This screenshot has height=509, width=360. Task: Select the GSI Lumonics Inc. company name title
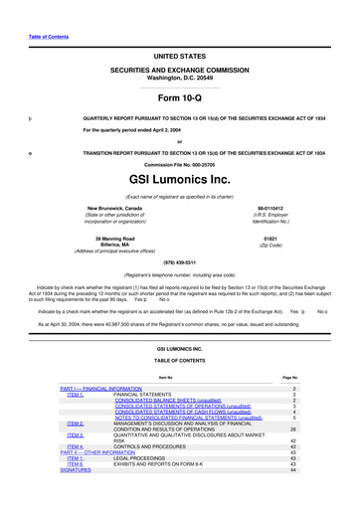pyautogui.click(x=179, y=184)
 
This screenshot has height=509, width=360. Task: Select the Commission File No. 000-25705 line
pyautogui.click(x=179, y=163)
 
